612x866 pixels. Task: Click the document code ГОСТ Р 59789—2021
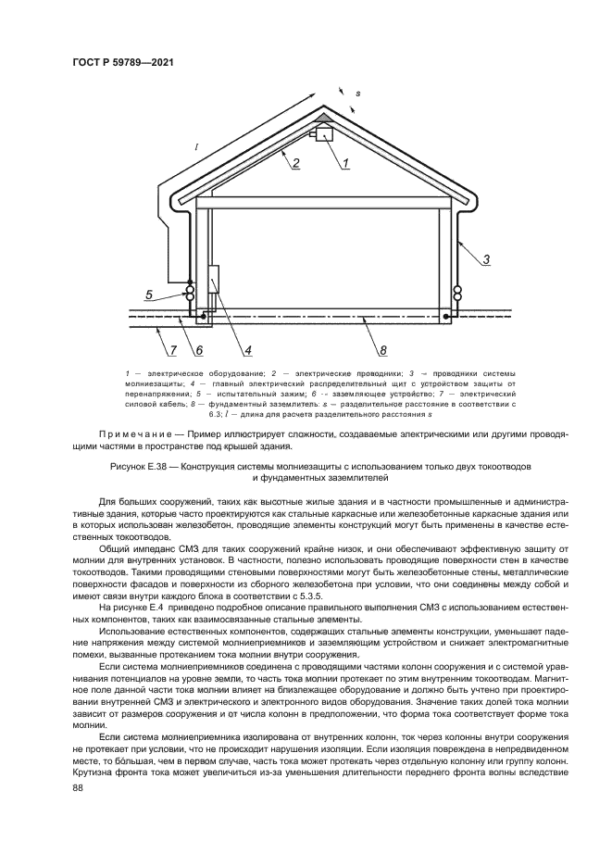123,63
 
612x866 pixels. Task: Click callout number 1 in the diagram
344,164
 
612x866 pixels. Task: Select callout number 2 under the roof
295,165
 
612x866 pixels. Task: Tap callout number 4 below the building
248,350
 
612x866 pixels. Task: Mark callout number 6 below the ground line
198,350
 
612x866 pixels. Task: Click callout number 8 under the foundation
382,350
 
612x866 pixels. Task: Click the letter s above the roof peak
358,94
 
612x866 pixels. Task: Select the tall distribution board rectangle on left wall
213,279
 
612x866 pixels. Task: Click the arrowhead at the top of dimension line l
318,96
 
